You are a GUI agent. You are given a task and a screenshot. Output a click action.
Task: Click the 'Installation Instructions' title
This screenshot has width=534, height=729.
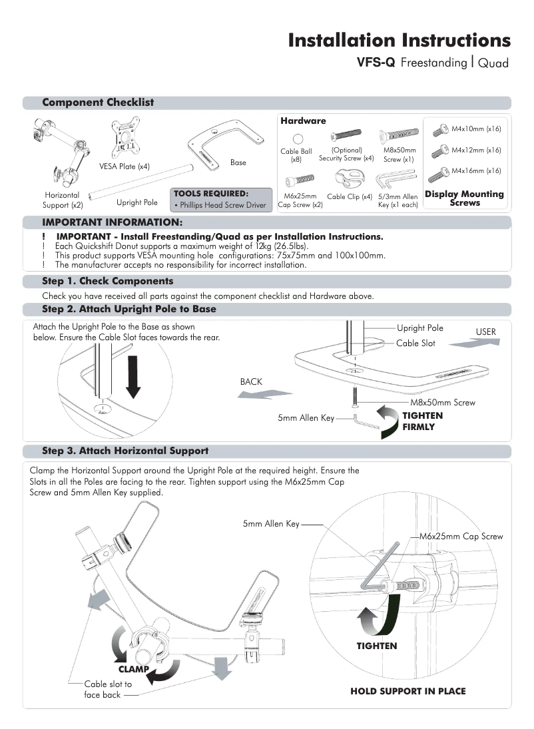coord(399,40)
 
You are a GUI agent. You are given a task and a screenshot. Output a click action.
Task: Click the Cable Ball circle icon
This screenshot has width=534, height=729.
coord(298,138)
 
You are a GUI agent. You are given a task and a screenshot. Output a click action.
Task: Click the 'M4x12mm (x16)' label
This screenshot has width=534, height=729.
coord(475,150)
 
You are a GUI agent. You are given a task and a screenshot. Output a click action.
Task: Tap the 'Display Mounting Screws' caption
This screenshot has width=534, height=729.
coord(464,198)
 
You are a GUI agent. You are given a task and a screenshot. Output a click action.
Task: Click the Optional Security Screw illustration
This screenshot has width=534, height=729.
coord(346,136)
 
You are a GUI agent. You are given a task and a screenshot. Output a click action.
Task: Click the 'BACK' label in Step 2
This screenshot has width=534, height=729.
coord(251,381)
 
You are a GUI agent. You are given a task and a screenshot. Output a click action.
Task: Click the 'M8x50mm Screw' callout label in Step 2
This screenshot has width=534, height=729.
coord(442,403)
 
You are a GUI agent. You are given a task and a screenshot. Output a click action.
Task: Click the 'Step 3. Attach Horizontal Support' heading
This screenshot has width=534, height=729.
coord(125,451)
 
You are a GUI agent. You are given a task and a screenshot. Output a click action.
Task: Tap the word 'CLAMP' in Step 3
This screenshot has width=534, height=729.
coord(133,668)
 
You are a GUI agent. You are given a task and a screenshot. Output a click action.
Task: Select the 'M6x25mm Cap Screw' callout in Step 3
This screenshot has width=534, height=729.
coord(461,536)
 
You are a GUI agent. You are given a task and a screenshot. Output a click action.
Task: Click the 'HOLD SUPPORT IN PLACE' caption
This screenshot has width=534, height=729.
coord(407,691)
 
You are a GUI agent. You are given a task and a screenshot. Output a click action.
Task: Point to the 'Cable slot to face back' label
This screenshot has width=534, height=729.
coord(107,689)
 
